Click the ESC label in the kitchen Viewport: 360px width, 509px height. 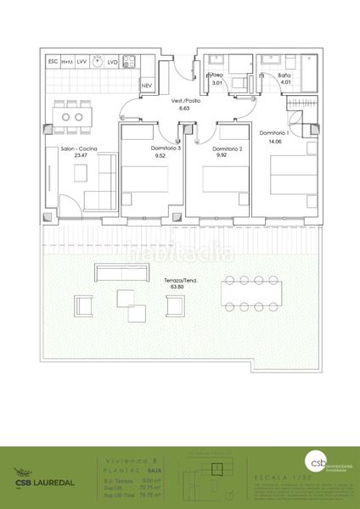click(53, 62)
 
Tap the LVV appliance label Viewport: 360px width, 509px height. click(82, 62)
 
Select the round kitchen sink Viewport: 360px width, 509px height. click(99, 62)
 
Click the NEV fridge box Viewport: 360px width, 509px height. click(146, 86)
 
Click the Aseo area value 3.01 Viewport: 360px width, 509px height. click(216, 83)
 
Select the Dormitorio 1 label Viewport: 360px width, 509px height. click(274, 132)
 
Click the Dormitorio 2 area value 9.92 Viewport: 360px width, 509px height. click(222, 155)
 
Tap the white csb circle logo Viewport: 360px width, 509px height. click(316, 461)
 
